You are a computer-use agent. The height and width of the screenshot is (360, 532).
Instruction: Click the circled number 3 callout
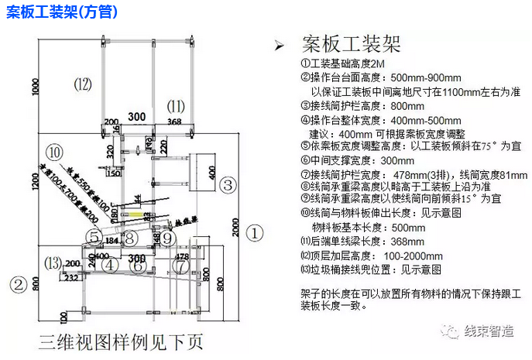[x=228, y=184]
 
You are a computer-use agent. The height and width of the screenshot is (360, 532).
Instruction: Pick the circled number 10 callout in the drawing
[x=54, y=152]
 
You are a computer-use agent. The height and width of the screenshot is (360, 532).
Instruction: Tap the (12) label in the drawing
[x=83, y=83]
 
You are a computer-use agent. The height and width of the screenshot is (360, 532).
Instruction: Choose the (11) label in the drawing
[x=177, y=105]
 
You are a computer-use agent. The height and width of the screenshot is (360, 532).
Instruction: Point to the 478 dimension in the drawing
[x=183, y=255]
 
